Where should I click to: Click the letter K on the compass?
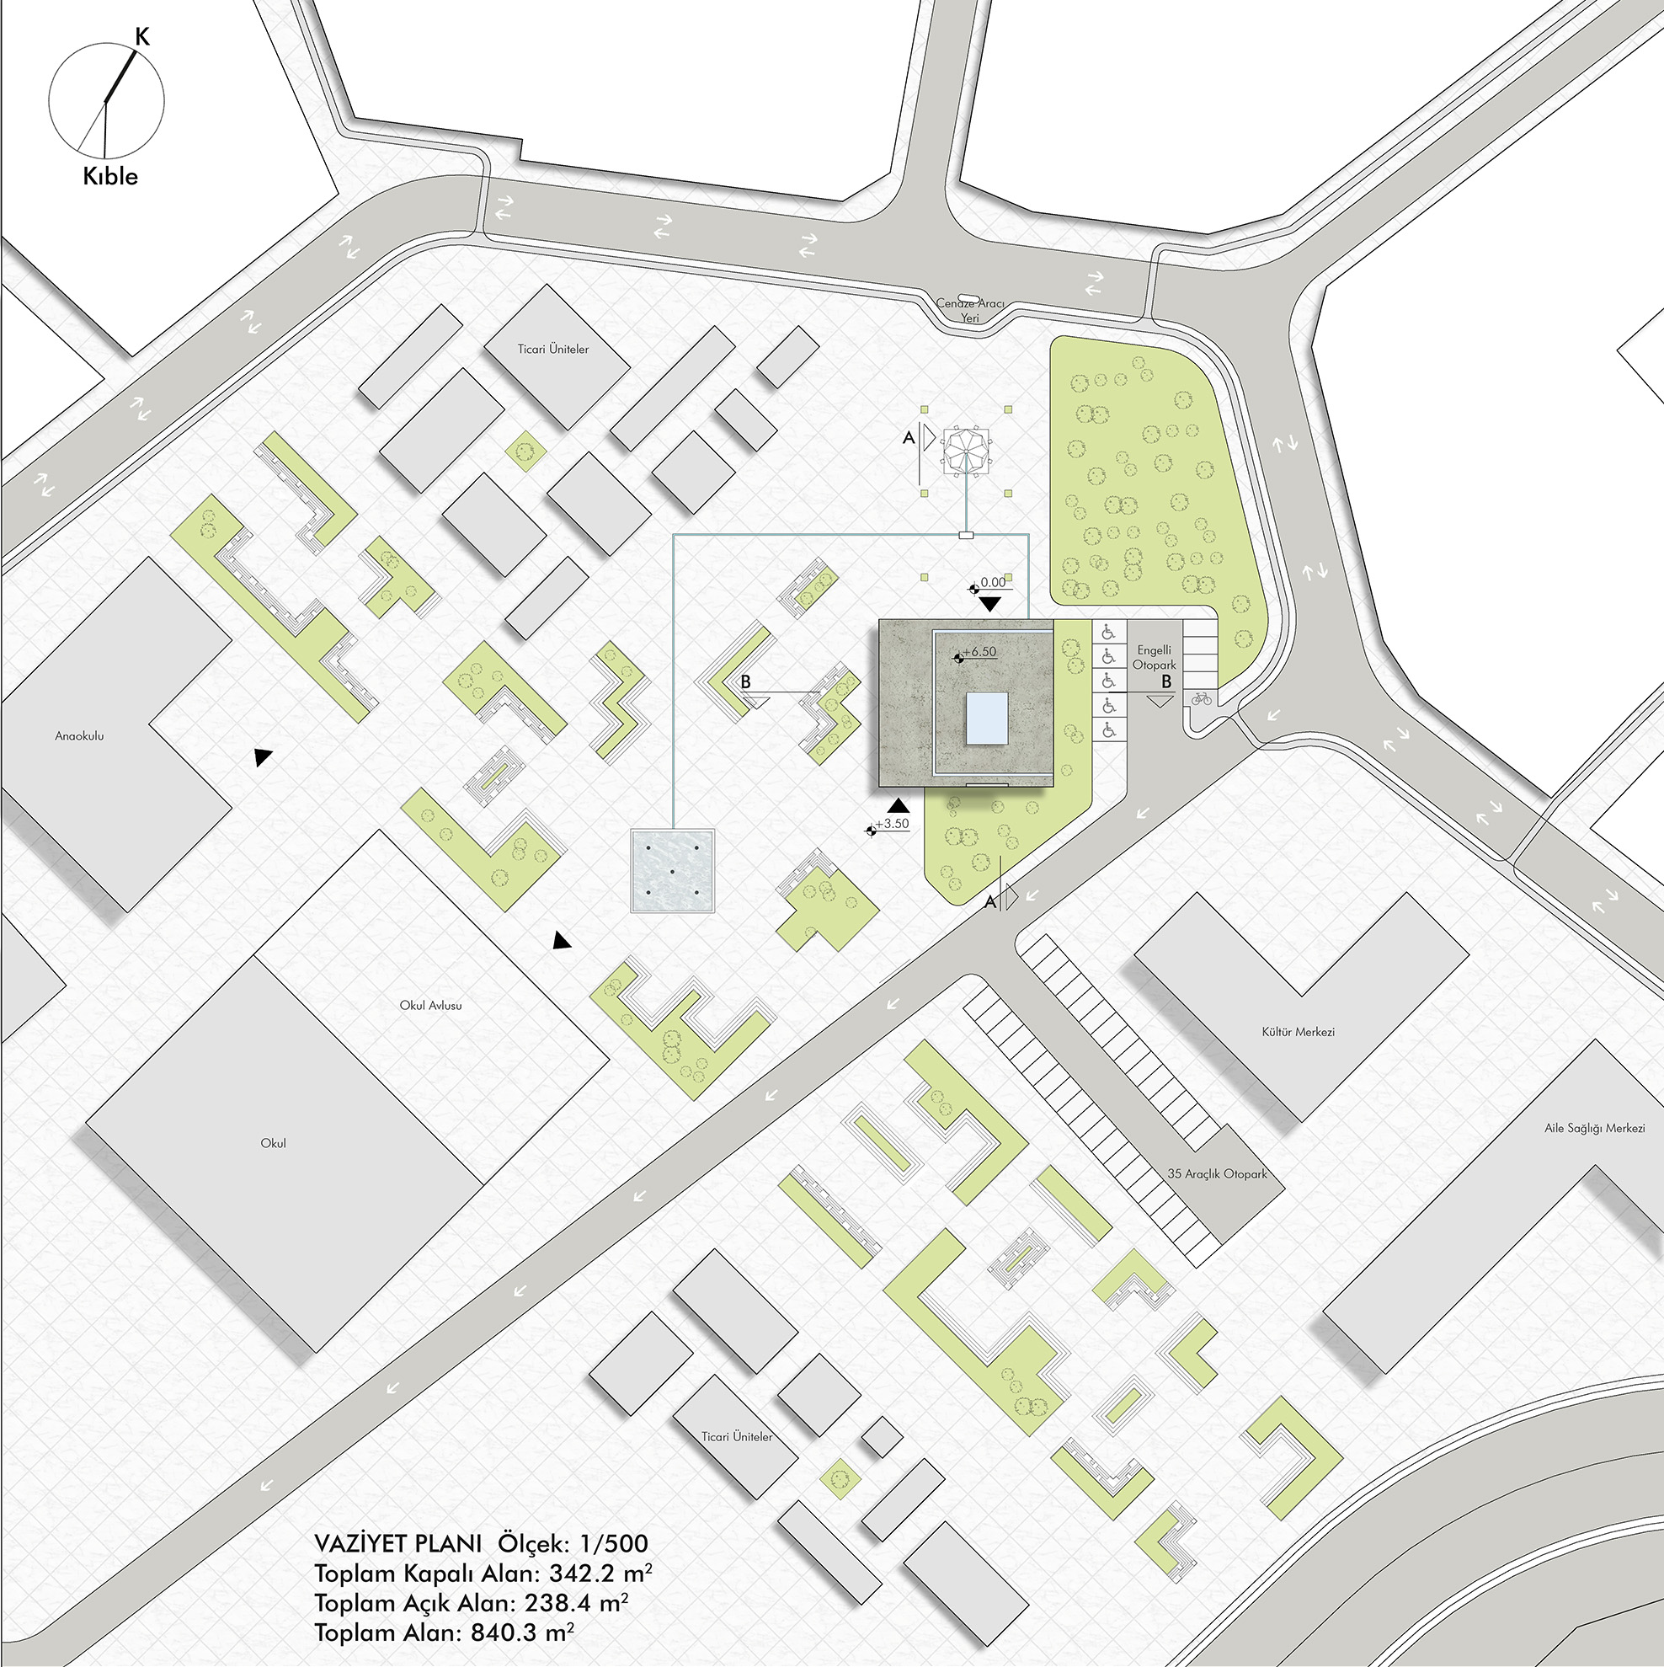click(x=142, y=36)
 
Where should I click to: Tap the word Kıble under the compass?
click(x=110, y=176)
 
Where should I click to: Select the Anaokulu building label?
click(x=79, y=736)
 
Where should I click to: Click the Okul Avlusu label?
click(x=430, y=1005)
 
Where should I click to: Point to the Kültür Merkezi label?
click(x=1299, y=1031)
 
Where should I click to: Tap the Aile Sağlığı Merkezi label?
click(x=1594, y=1128)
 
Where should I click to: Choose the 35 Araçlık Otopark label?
click(x=1217, y=1173)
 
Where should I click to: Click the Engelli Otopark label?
click(x=1155, y=658)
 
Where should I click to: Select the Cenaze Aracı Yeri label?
click(x=969, y=311)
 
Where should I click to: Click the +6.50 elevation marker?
click(x=979, y=652)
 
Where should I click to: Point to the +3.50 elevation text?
click(x=892, y=823)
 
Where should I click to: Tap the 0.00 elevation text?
click(x=993, y=582)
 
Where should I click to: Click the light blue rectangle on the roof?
click(x=986, y=718)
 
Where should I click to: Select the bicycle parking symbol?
click(x=1200, y=699)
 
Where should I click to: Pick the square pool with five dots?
click(x=673, y=871)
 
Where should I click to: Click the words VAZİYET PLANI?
click(x=397, y=1544)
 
